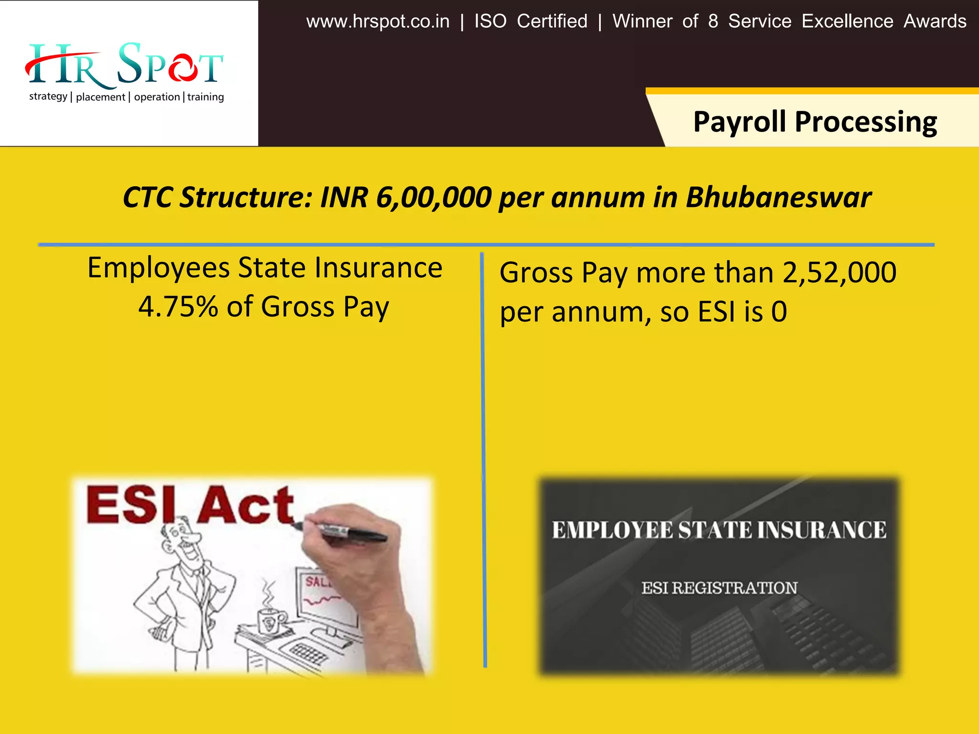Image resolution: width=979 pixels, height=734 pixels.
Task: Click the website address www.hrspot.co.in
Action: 378,22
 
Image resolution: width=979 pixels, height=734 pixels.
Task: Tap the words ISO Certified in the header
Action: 531,22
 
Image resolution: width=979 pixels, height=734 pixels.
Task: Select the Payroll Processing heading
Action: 815,122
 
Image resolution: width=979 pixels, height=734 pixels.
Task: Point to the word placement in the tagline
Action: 100,97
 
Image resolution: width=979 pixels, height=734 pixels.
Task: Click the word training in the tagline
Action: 206,97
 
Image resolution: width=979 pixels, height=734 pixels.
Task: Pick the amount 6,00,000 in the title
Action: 434,197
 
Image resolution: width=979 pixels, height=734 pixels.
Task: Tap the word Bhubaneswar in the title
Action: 778,197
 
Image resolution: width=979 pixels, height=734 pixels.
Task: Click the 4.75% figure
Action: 178,306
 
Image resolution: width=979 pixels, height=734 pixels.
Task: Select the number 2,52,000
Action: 839,272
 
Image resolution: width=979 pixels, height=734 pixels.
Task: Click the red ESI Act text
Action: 190,505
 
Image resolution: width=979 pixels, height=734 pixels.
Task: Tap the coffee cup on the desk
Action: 270,621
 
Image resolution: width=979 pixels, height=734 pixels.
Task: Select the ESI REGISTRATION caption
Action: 719,588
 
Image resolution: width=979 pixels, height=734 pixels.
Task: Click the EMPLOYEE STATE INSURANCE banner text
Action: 719,530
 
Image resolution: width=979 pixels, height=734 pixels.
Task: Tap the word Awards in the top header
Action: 935,22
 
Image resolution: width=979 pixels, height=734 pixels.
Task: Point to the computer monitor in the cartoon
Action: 325,597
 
